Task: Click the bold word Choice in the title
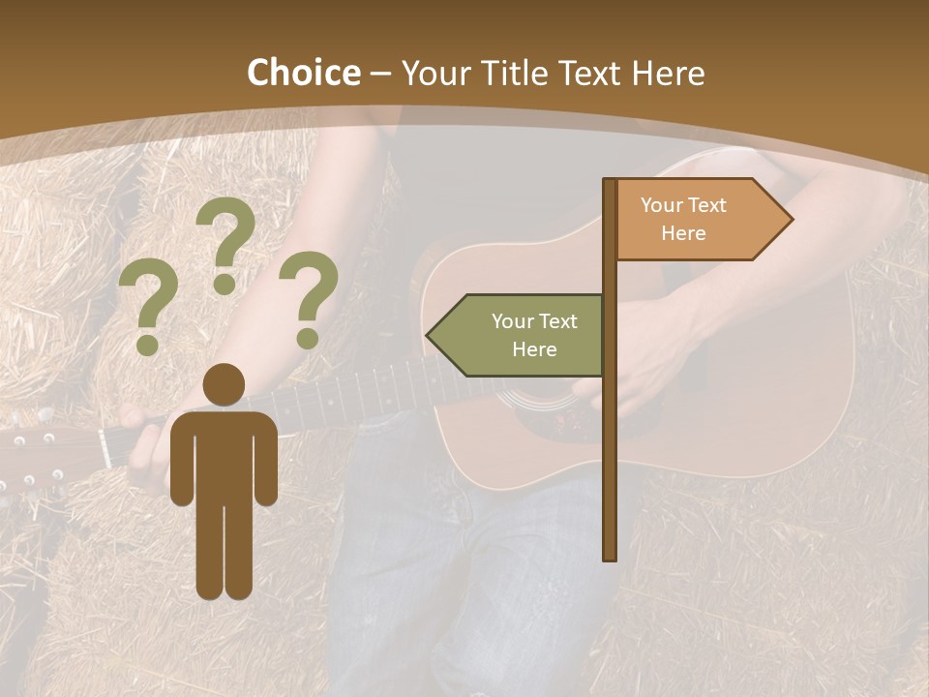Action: click(x=303, y=73)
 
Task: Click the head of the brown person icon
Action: click(x=224, y=385)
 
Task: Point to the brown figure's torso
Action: click(x=224, y=455)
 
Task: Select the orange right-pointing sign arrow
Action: click(x=702, y=220)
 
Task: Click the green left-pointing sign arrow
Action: click(x=518, y=335)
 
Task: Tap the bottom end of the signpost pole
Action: click(x=610, y=554)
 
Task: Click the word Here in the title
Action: click(x=668, y=73)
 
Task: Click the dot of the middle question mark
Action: click(x=225, y=284)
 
